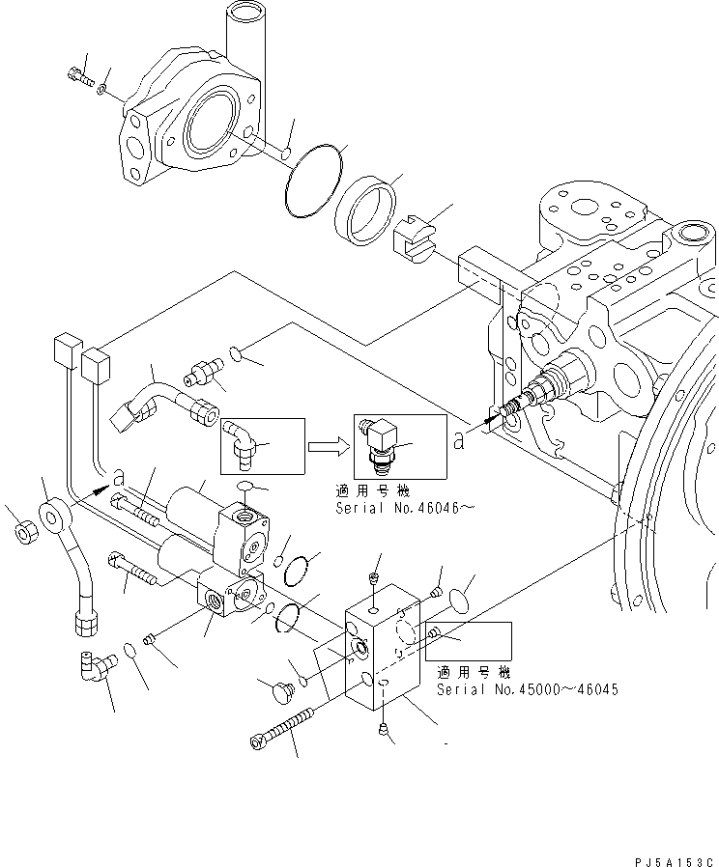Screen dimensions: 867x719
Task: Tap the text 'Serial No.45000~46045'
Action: (527, 689)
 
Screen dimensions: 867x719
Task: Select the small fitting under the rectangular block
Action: (384, 732)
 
